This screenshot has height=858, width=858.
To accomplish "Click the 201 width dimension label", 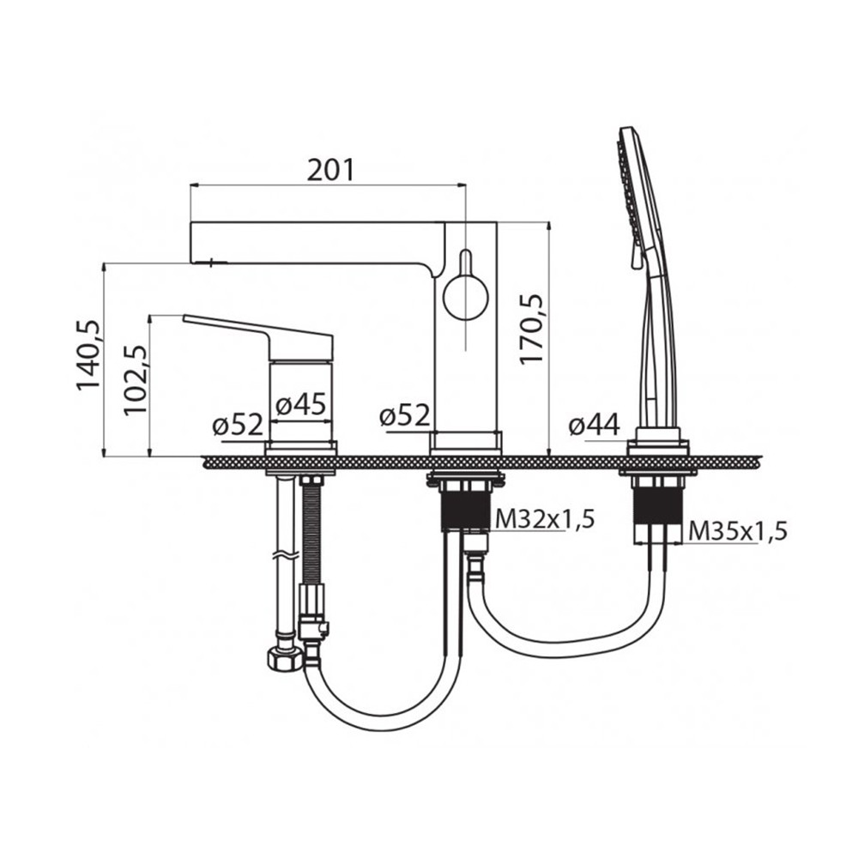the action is tap(330, 170).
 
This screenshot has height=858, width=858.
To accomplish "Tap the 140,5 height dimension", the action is tap(88, 355).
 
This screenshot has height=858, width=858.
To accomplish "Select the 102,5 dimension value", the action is tap(136, 381).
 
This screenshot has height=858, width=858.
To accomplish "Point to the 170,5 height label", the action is tap(531, 329).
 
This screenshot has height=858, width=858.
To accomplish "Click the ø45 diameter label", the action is tap(301, 404).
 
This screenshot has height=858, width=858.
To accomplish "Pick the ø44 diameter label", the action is tap(594, 425).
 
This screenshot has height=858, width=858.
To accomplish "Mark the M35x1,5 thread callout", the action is tap(738, 530).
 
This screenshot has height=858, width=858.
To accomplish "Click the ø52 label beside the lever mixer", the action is tap(239, 425).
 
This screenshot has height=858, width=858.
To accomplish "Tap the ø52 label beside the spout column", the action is tap(404, 416).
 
